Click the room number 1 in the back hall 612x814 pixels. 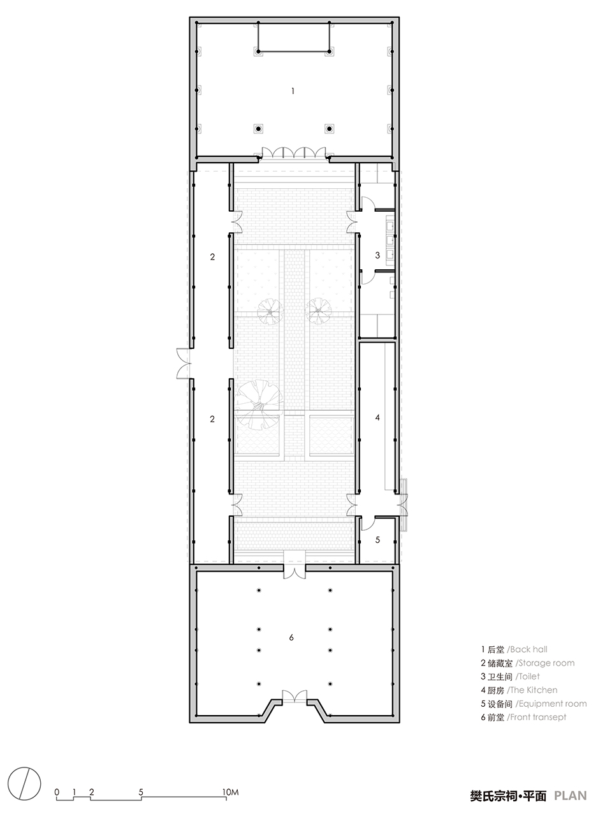(x=293, y=91)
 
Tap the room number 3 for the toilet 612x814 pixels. (x=377, y=255)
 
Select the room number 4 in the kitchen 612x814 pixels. (x=377, y=417)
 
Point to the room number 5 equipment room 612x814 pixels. (x=377, y=539)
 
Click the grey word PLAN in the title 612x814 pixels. (x=570, y=796)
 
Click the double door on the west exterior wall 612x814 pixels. (x=182, y=364)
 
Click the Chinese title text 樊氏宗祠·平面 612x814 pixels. (x=507, y=796)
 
